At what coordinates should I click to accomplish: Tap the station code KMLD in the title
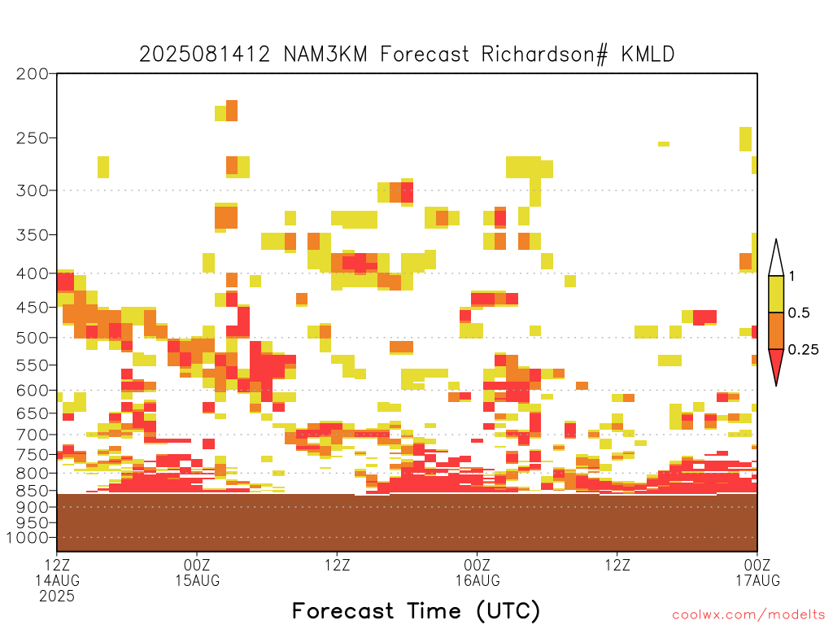pyautogui.click(x=648, y=55)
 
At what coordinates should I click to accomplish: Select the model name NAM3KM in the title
pyautogui.click(x=325, y=55)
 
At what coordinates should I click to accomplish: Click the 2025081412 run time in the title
pyautogui.click(x=204, y=55)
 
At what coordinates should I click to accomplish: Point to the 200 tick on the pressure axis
pyautogui.click(x=33, y=74)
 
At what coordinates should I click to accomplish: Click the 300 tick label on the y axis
pyautogui.click(x=33, y=190)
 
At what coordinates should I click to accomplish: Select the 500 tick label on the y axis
pyautogui.click(x=33, y=338)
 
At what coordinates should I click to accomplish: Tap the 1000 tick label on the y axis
pyautogui.click(x=28, y=538)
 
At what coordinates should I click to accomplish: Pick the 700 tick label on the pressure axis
pyautogui.click(x=33, y=435)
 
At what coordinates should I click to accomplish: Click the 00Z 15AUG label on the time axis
pyautogui.click(x=197, y=572)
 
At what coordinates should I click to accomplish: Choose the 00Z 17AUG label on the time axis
pyautogui.click(x=757, y=572)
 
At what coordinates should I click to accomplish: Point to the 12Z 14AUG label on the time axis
pyautogui.click(x=58, y=572)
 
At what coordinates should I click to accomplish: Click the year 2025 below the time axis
pyautogui.click(x=57, y=597)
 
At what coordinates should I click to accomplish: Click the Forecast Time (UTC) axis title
pyautogui.click(x=416, y=611)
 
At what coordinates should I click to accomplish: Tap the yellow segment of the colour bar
pyautogui.click(x=776, y=294)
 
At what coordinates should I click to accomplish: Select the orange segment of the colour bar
pyautogui.click(x=776, y=330)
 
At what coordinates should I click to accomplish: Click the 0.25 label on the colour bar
pyautogui.click(x=803, y=349)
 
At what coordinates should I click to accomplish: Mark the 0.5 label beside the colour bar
pyautogui.click(x=799, y=312)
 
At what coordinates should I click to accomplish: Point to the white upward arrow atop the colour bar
pyautogui.click(x=776, y=258)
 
